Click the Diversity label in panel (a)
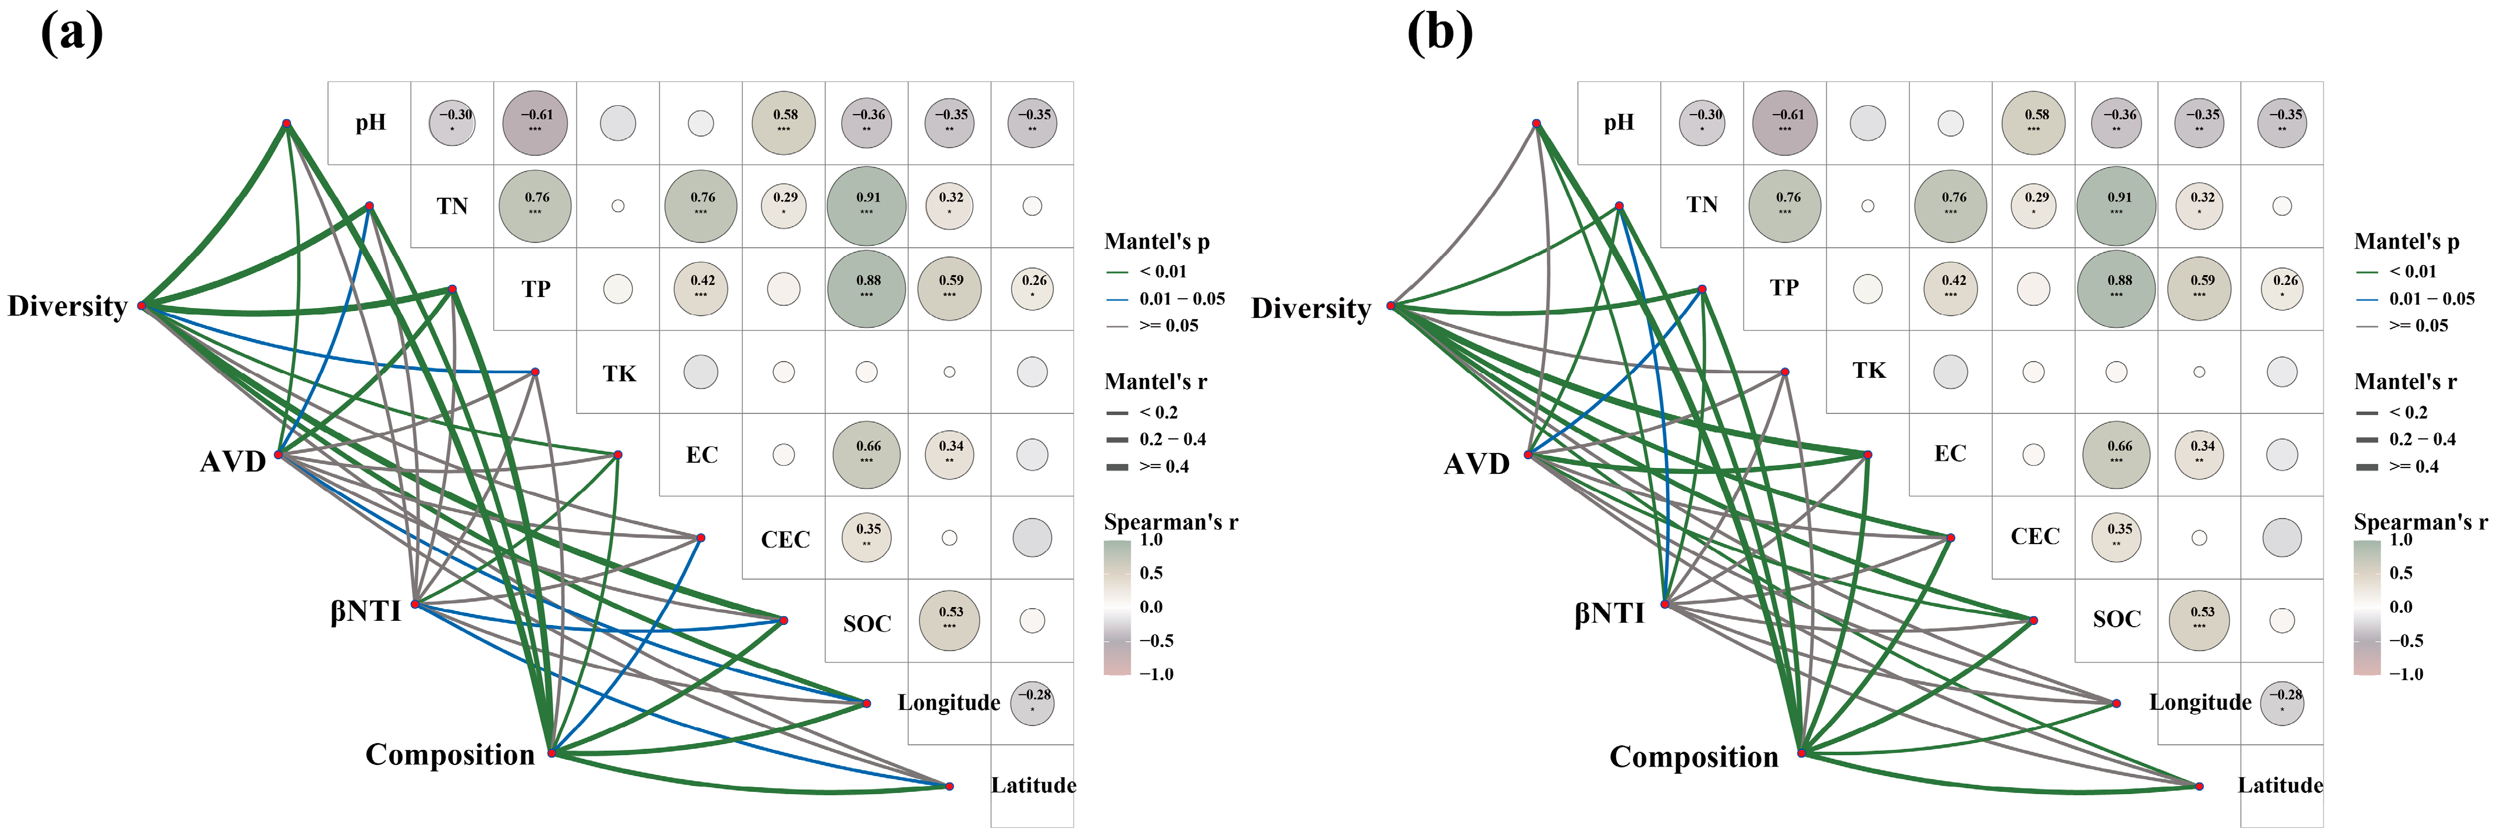coord(68,306)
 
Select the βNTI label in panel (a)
coord(365,611)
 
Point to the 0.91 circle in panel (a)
coord(867,205)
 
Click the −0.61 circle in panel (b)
coord(1784,123)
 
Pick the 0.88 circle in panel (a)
coord(867,289)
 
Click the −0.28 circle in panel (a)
coord(1032,703)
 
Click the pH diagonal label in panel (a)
coord(370,123)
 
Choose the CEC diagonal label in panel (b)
coord(2034,537)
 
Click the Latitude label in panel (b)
coord(2280,785)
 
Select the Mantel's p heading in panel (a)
coord(1157,241)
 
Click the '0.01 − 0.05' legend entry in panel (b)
coord(2431,298)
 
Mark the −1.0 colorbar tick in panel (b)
coord(2406,673)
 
